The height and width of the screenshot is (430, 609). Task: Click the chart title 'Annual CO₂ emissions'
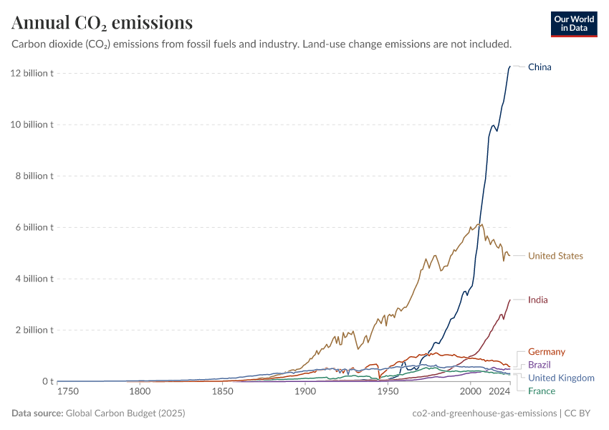coord(102,23)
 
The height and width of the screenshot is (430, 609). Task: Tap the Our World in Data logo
coord(574,24)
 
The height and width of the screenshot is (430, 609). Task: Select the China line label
coord(540,67)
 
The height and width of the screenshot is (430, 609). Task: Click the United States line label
coord(555,256)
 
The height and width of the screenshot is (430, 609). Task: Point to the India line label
coord(537,300)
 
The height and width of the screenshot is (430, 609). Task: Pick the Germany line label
coord(546,352)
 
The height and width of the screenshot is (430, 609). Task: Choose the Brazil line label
coord(540,365)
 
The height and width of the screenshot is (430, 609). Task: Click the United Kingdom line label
coord(561,378)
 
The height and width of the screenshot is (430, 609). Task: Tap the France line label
coord(541,391)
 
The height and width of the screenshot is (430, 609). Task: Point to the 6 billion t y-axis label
coord(32,227)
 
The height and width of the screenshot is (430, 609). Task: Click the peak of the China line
coord(509,67)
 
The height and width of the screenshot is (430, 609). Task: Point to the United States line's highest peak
coord(480,224)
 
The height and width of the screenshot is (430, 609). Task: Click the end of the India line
coord(509,300)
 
